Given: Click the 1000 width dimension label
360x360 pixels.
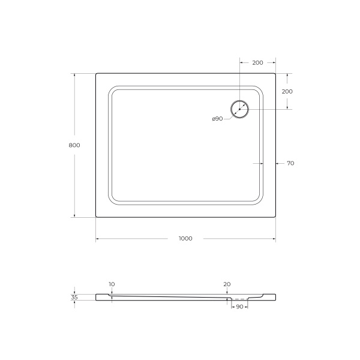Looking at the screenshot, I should [x=185, y=239].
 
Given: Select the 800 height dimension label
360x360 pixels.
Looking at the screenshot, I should [x=74, y=145].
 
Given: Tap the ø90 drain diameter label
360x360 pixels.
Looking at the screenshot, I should [x=217, y=119].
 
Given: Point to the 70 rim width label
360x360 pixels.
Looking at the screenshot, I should [x=290, y=163].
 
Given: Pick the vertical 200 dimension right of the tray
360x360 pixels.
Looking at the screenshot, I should [x=287, y=91].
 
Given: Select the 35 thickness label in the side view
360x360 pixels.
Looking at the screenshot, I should [x=74, y=297].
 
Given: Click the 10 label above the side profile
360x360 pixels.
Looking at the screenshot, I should [x=112, y=284].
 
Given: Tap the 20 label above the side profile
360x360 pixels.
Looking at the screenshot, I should [x=227, y=284].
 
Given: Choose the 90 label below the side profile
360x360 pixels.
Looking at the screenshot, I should [x=238, y=307].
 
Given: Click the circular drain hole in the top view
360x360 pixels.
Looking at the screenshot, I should [x=239, y=109].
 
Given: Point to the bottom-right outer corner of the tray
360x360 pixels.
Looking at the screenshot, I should [x=275, y=216].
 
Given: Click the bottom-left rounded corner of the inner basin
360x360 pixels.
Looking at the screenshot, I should [x=112, y=200].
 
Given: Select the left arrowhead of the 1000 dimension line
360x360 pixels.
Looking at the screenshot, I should [x=98, y=239].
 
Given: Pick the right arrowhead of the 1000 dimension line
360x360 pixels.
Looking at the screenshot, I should [x=274, y=239].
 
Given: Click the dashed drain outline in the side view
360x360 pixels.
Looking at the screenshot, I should [x=238, y=298].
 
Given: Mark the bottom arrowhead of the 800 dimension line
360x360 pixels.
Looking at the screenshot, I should [x=74, y=215].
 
